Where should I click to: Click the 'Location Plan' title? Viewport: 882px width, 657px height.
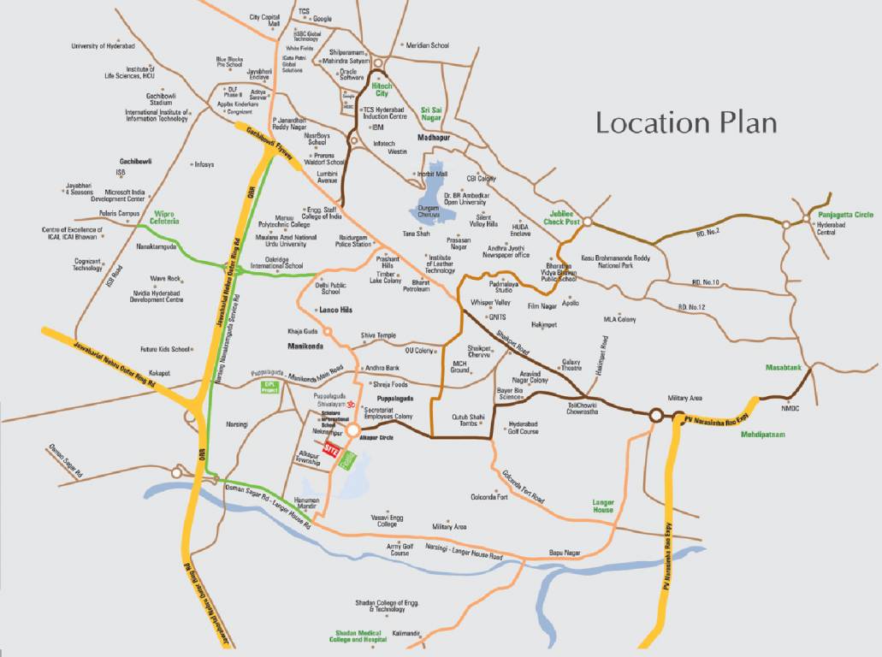(686, 122)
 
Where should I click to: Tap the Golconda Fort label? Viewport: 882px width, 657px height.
(489, 497)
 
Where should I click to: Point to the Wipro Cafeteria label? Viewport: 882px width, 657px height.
(165, 217)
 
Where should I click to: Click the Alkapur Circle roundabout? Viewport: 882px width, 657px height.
(352, 429)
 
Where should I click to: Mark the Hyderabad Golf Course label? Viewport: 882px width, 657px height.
(523, 428)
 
